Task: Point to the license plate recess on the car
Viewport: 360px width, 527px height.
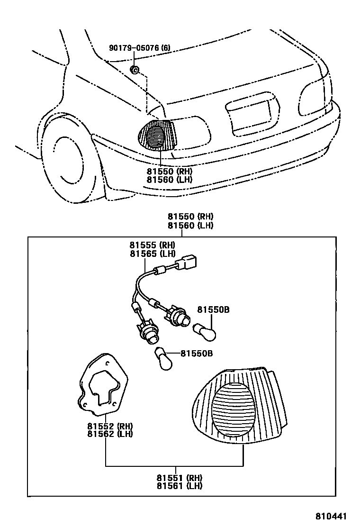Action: coord(251,114)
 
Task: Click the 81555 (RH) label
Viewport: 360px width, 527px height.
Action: coord(152,245)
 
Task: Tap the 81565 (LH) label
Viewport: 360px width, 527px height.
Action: coord(152,254)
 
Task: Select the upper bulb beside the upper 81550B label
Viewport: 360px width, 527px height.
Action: coord(206,331)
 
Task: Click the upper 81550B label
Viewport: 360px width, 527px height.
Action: coord(213,310)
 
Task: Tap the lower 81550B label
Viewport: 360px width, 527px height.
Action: coord(197,354)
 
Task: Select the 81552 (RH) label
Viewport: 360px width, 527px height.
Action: coord(110,426)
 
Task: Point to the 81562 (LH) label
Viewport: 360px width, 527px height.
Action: coord(110,434)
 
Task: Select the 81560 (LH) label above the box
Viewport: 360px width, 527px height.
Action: coord(189,226)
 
